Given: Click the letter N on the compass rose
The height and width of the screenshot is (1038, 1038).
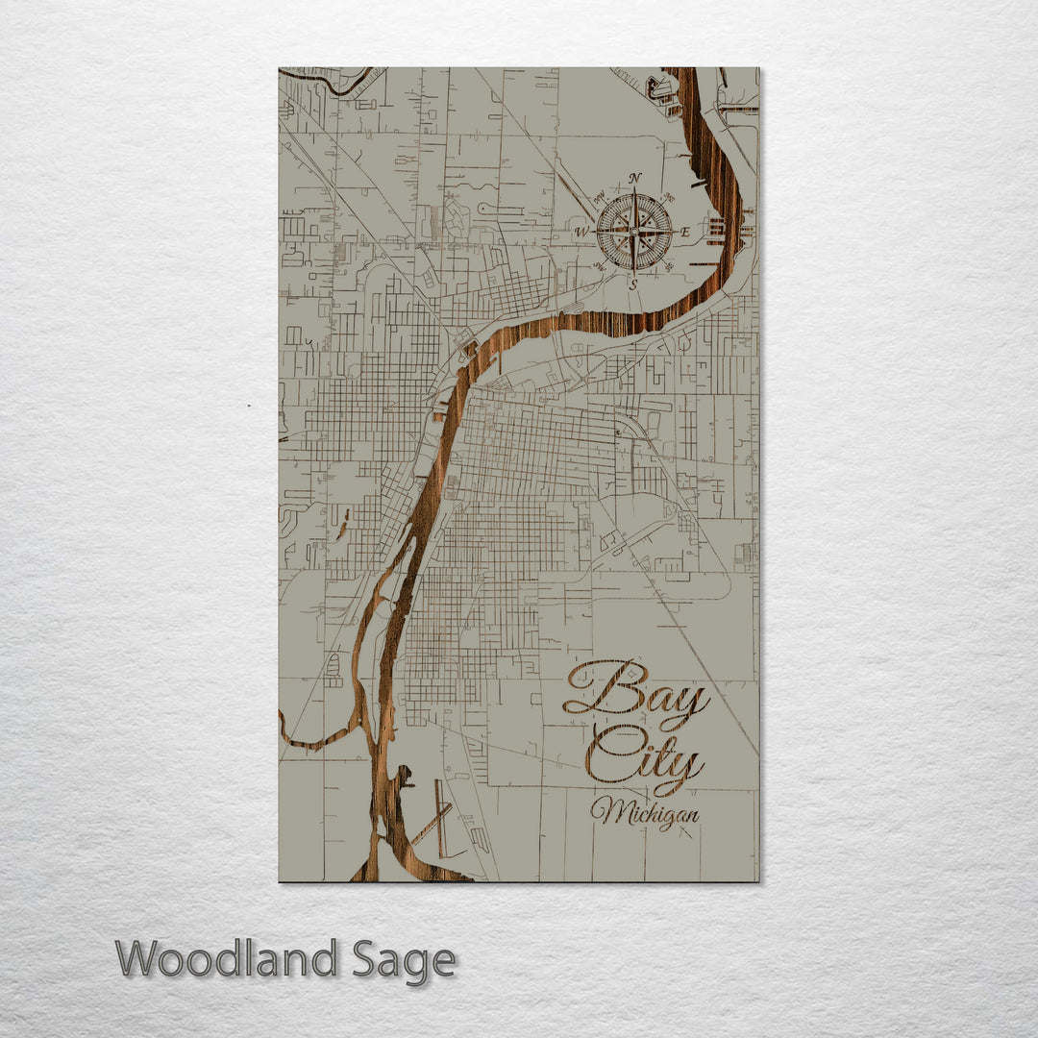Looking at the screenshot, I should coord(634,179).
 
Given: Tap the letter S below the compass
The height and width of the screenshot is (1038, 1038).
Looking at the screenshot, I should coord(633,284).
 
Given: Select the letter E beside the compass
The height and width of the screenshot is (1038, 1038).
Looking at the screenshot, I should coord(685,233).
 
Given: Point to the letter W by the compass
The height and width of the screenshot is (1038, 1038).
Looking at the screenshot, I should coord(581,233).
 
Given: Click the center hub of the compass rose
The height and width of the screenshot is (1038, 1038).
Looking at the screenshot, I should coord(633,232).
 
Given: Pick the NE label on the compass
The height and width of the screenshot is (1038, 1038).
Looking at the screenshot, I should coord(670,196).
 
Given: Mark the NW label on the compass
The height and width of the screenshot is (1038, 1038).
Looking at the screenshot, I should coord(599,197).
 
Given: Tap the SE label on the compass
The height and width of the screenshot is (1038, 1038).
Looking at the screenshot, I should coord(669,267).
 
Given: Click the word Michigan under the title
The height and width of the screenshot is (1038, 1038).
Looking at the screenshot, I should coord(645,813).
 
